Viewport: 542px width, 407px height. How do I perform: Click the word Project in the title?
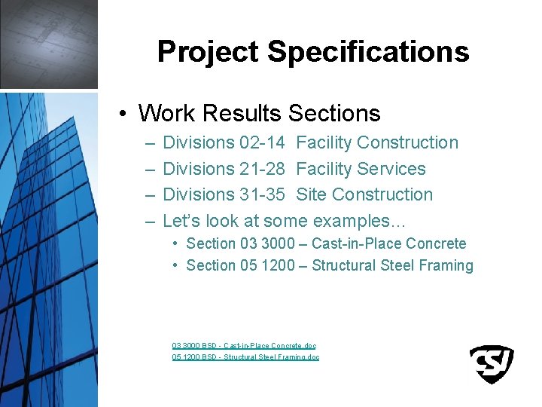(209, 52)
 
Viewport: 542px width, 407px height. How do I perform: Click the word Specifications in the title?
(368, 52)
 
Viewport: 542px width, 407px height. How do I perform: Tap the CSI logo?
(492, 364)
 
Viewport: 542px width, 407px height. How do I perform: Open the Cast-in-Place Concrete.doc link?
(244, 345)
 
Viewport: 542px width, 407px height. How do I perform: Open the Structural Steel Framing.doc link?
(245, 357)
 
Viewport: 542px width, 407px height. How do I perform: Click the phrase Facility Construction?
(377, 142)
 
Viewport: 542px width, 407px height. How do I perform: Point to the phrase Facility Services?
(361, 169)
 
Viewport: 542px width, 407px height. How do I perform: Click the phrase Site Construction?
(364, 194)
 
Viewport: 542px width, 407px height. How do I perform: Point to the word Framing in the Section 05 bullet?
(447, 265)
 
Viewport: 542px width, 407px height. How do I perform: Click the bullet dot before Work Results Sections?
(123, 114)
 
